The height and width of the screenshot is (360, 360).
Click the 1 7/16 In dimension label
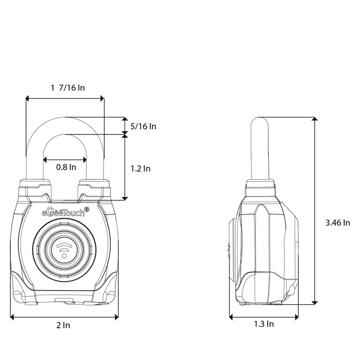click(68, 87)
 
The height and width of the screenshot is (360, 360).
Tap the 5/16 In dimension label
click(143, 126)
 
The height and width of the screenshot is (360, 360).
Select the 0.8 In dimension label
click(66, 167)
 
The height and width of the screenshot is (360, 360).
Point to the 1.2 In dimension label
click(140, 169)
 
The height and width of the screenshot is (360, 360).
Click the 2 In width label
click(63, 325)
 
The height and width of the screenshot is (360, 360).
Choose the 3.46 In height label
click(338, 223)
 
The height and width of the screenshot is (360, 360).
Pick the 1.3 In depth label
click(264, 324)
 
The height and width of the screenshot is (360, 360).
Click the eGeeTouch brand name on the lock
click(63, 212)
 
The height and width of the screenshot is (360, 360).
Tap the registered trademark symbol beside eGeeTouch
click(87, 209)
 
